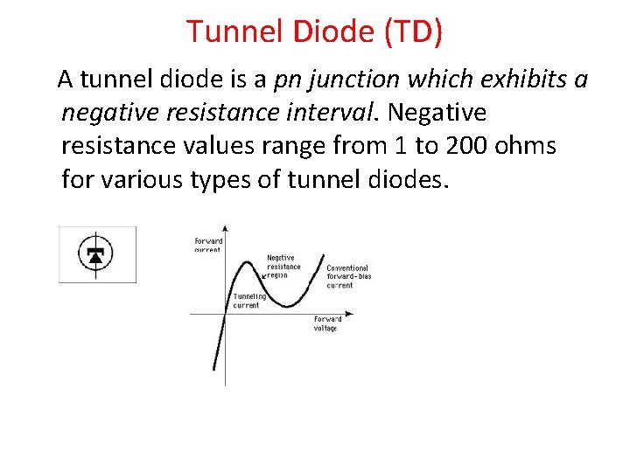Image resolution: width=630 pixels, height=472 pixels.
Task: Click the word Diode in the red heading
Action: tap(325, 32)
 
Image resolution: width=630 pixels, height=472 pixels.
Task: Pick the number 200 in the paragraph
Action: tap(468, 146)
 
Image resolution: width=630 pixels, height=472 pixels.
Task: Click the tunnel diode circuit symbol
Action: tap(96, 254)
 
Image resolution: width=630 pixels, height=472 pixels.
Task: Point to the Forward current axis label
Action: tap(208, 245)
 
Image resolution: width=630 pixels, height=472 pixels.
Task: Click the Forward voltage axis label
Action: tap(325, 323)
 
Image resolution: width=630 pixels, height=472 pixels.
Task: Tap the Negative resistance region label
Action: tap(283, 267)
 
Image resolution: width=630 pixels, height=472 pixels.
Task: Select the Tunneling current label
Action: tap(249, 301)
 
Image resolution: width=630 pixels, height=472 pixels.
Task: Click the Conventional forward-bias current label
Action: tap(347, 276)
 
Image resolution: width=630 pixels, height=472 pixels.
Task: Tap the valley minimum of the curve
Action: tap(287, 305)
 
